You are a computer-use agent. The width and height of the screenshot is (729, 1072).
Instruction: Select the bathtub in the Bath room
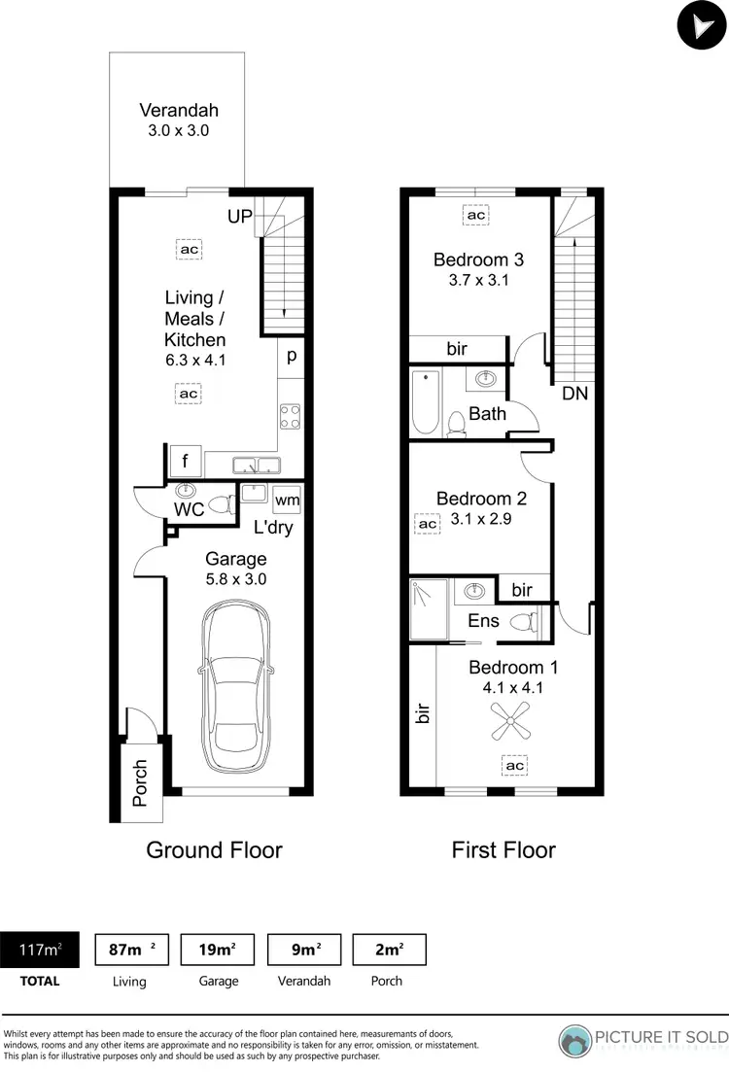click(x=425, y=402)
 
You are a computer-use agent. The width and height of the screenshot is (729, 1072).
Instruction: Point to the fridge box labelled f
click(x=185, y=462)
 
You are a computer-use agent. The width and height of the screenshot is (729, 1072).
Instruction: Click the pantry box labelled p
click(x=291, y=356)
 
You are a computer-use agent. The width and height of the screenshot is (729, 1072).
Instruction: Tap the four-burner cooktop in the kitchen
click(x=290, y=416)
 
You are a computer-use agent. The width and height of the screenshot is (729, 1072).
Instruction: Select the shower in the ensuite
click(x=429, y=609)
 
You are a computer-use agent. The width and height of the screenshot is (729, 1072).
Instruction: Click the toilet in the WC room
click(x=223, y=504)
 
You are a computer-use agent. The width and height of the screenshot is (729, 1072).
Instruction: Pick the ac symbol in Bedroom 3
click(x=476, y=215)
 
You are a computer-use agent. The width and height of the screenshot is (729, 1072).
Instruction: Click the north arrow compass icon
click(x=701, y=25)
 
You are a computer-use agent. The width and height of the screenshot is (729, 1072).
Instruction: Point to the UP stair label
click(x=240, y=217)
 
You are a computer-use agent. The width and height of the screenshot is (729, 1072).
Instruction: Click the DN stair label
click(x=574, y=394)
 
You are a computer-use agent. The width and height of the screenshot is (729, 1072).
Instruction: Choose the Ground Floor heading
click(x=214, y=850)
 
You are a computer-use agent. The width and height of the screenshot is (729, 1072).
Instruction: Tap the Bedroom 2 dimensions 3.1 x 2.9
click(x=481, y=519)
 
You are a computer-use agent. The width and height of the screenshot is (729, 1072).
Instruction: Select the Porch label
click(x=140, y=783)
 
